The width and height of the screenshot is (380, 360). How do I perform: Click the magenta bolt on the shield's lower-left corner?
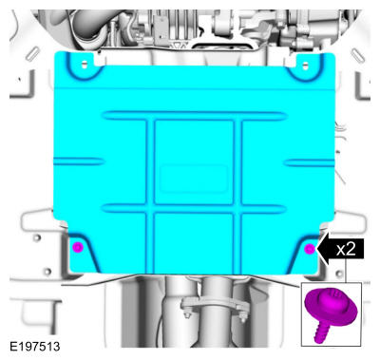(x=78, y=247)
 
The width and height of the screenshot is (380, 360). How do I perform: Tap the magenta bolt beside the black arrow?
(x=310, y=249)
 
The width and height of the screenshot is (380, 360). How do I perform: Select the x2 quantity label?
(x=346, y=249)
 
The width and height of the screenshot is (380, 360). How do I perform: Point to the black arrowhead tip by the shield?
(x=317, y=249)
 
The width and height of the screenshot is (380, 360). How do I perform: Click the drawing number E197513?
(x=35, y=347)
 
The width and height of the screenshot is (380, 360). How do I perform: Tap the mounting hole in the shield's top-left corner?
(x=85, y=65)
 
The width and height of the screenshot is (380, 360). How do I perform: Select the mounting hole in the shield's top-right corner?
(x=305, y=66)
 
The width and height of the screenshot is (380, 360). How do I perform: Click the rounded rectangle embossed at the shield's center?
(x=194, y=179)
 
